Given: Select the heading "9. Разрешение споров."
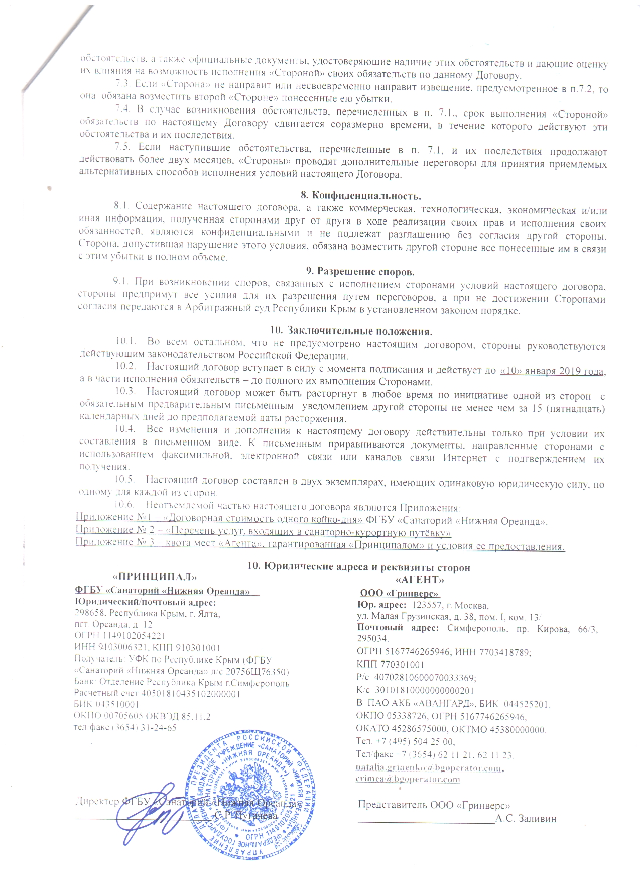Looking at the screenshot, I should [360, 272].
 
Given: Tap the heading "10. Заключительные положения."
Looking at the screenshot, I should [351, 331].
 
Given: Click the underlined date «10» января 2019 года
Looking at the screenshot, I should [553, 371].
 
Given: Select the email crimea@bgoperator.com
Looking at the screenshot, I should [408, 779].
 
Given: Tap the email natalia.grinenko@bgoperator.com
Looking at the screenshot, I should [429, 767].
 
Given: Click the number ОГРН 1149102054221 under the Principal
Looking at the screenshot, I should [119, 636].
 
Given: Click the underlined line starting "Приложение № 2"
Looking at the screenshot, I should [263, 530].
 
